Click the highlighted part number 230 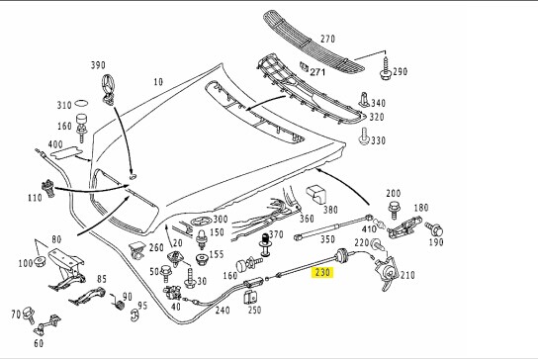click(322, 273)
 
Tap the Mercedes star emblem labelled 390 click(109, 89)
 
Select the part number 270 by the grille click(327, 39)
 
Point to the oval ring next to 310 click(81, 103)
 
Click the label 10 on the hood click(158, 82)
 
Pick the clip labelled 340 click(364, 100)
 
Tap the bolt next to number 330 click(364, 136)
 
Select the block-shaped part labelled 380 click(315, 194)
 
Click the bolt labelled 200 click(394, 210)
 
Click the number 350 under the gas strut click(327, 239)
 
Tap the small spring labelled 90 click(118, 302)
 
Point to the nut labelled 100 click(40, 262)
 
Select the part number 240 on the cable click(223, 310)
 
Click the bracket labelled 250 click(250, 297)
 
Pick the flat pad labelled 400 click(66, 153)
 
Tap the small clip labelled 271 click(304, 67)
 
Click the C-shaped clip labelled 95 click(134, 315)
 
